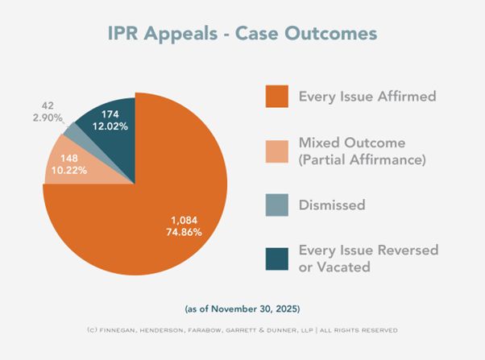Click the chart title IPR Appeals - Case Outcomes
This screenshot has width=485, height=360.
click(242, 35)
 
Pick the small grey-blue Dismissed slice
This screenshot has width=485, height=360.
click(75, 130)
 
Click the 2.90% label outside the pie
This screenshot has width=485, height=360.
click(48, 118)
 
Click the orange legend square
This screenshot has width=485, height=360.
click(276, 96)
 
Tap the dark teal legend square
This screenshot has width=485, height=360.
click(276, 259)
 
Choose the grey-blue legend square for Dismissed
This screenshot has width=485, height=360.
click(276, 205)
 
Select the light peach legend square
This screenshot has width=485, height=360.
click(276, 151)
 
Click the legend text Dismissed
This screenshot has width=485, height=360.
click(332, 205)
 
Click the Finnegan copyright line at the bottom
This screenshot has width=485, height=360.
click(242, 329)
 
